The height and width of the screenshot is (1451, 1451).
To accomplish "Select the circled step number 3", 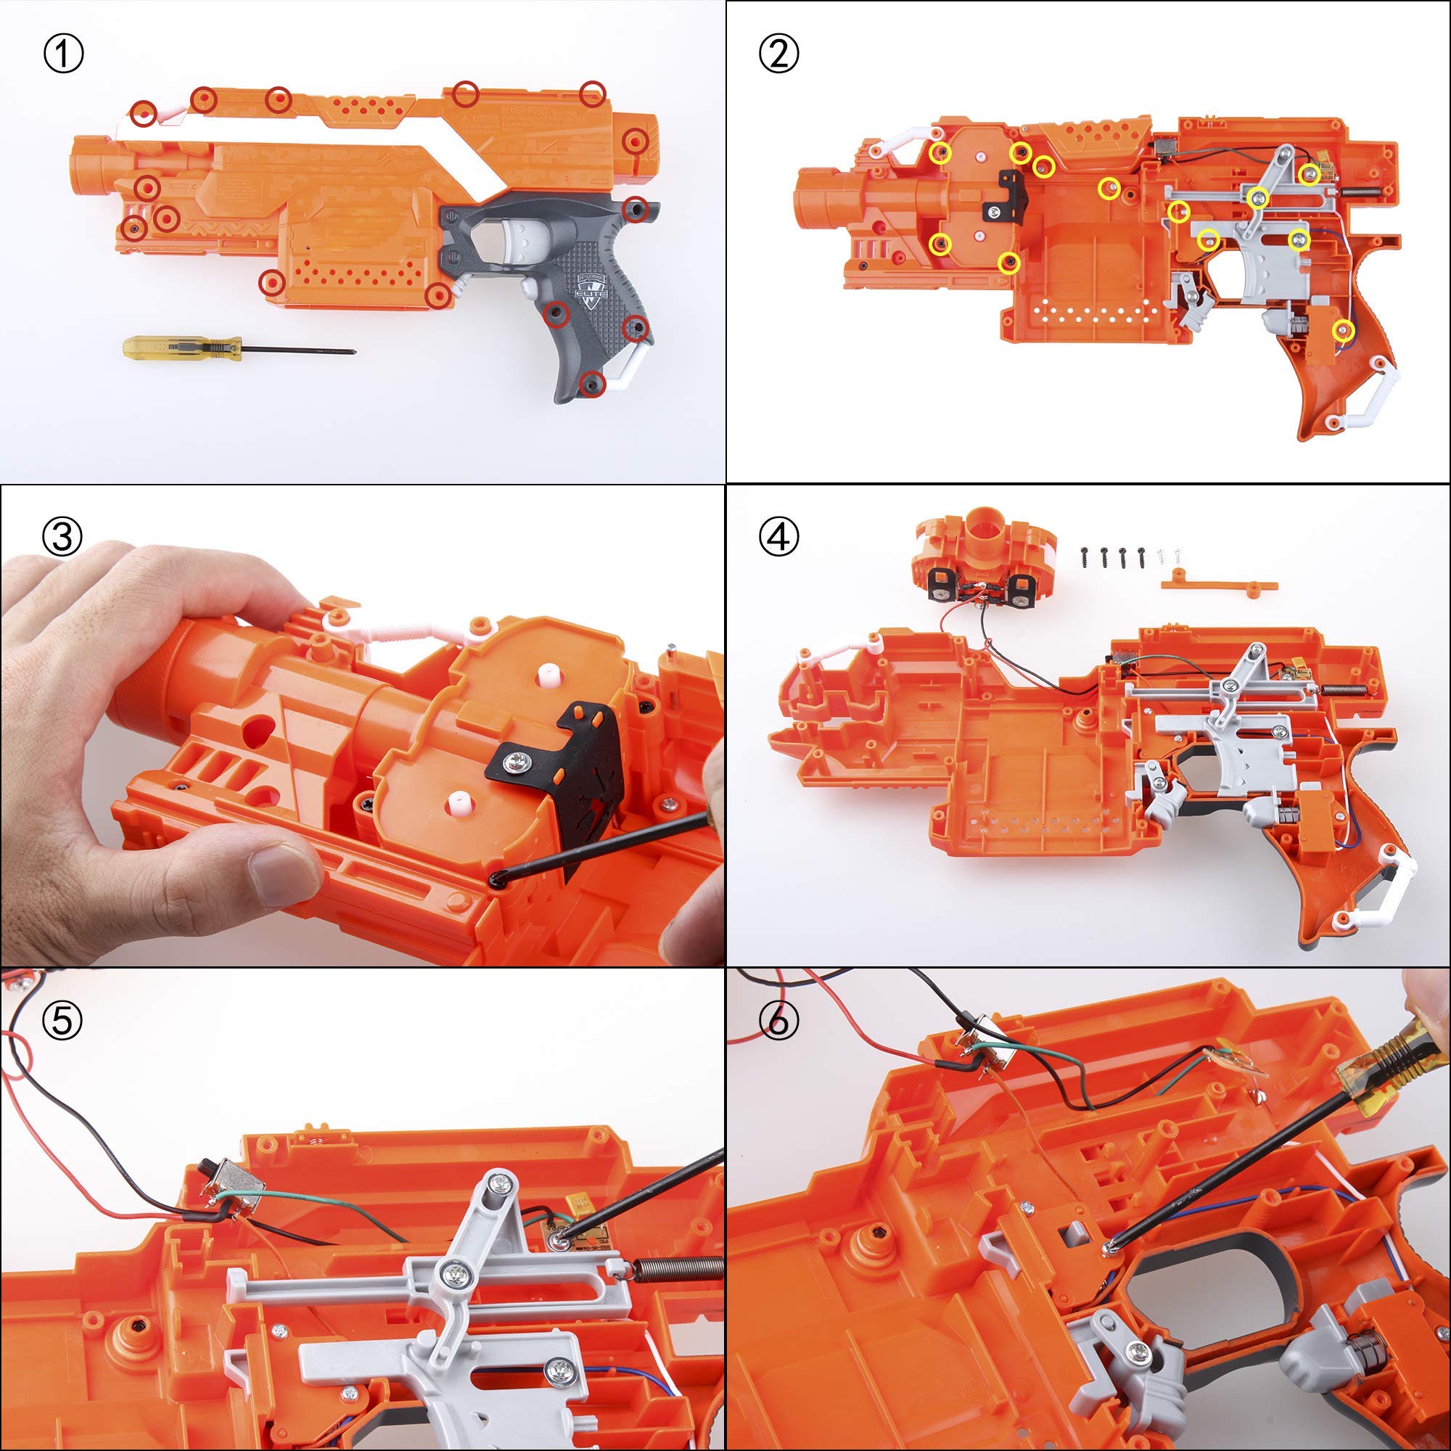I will (64, 537).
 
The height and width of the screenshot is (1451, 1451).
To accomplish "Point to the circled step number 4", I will (778, 537).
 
